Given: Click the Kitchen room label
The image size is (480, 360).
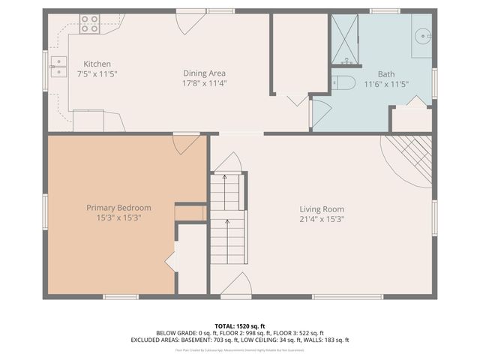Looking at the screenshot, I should click(x=97, y=64).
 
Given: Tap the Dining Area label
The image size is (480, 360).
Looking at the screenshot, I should click(x=205, y=73).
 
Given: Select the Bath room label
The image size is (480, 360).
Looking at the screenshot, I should click(x=386, y=74).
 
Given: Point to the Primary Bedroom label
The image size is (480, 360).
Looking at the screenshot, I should click(x=118, y=208).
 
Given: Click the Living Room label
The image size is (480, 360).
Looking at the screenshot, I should click(x=322, y=209).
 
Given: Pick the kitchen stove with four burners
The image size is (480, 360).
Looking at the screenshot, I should click(x=89, y=25).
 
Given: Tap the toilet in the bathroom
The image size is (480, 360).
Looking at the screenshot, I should click(x=343, y=82).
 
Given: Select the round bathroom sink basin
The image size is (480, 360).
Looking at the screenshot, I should click(x=423, y=34).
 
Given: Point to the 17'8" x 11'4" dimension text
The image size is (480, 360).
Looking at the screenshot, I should click(x=205, y=84).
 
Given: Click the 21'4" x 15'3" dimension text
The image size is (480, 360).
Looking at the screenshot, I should click(x=322, y=220).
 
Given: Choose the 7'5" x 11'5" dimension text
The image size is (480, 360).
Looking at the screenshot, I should click(x=97, y=74).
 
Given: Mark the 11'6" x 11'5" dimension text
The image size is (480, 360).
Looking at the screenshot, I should click(x=386, y=84).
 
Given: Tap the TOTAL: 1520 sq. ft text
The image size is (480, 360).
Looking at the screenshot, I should click(x=240, y=325).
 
